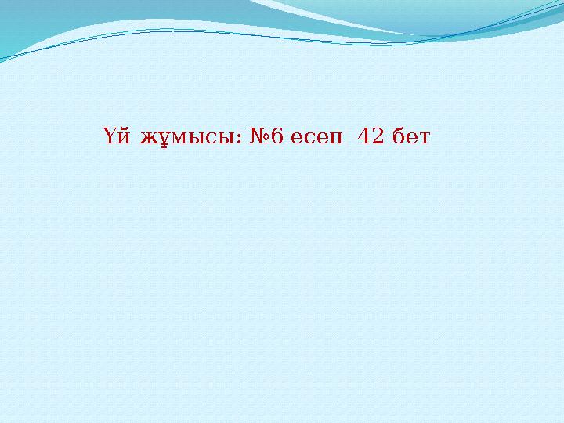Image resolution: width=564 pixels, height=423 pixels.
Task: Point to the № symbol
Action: pyautogui.click(x=259, y=138)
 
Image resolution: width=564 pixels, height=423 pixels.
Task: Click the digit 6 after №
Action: pyautogui.click(x=278, y=138)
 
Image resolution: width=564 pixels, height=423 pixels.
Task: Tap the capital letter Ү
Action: pyautogui.click(x=110, y=138)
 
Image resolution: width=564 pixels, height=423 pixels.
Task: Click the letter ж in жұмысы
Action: pyautogui.click(x=147, y=139)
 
